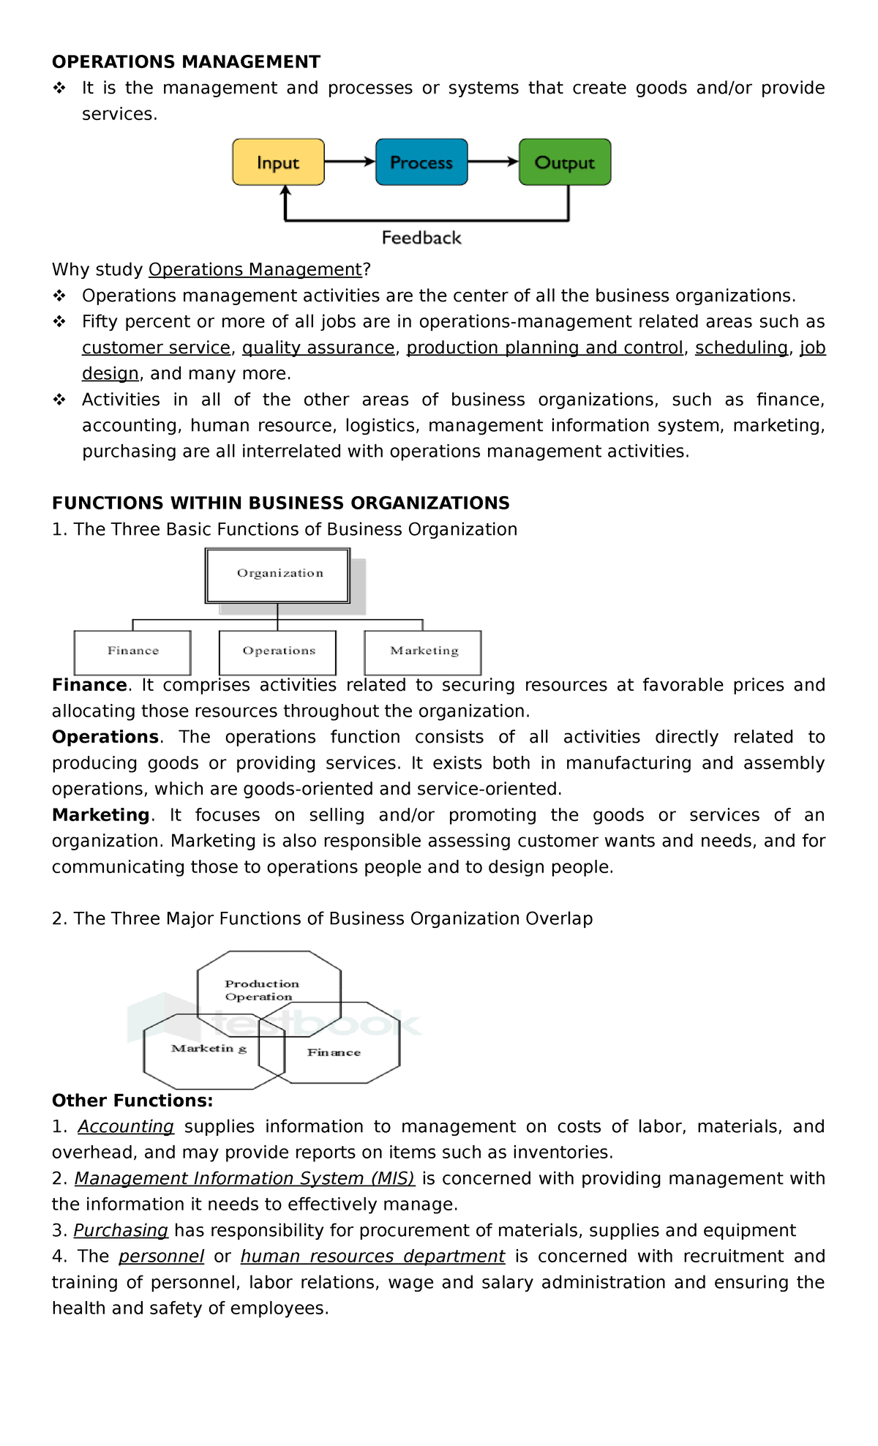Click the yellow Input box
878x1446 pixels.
click(278, 162)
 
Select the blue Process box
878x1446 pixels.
click(421, 162)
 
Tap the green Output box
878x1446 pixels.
click(565, 162)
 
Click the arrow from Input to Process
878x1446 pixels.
click(350, 162)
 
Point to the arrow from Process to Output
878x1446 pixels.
click(493, 162)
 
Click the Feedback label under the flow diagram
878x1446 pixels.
click(421, 238)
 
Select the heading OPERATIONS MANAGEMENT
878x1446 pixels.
click(186, 62)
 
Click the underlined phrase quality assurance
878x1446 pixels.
click(318, 348)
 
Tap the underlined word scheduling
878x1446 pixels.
click(741, 348)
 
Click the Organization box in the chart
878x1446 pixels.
click(278, 575)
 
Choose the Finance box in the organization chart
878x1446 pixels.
click(132, 652)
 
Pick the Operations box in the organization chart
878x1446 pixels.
click(278, 652)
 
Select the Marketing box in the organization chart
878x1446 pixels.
click(423, 652)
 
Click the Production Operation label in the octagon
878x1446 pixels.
click(261, 990)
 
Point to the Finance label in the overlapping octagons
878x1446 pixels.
click(334, 1052)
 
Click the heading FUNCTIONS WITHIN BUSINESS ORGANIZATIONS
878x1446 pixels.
click(280, 503)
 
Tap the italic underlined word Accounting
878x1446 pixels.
click(126, 1127)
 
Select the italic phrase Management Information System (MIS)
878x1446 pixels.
click(244, 1179)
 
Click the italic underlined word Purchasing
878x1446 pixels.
click(121, 1231)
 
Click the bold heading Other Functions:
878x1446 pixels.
click(132, 1101)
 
